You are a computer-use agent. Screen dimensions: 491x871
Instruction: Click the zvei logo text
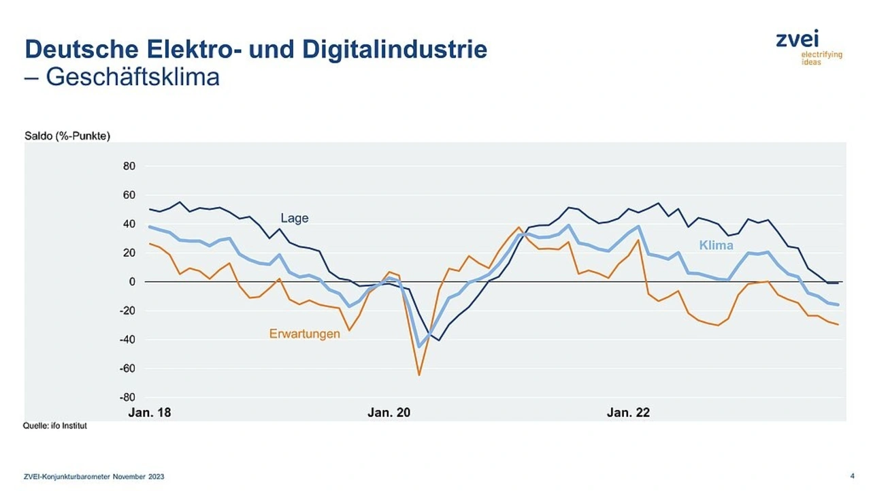(x=798, y=39)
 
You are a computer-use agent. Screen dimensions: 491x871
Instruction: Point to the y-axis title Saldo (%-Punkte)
(x=67, y=136)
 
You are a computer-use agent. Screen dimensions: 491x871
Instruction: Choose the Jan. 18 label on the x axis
(x=150, y=413)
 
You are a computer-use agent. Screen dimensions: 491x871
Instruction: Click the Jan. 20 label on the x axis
(x=389, y=413)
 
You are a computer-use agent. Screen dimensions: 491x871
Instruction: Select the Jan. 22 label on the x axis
(x=628, y=413)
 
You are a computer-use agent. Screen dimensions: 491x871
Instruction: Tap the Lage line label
(x=295, y=218)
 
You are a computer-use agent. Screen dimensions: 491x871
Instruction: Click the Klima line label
(x=716, y=245)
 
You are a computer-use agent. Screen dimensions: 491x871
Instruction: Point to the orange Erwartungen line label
(x=304, y=334)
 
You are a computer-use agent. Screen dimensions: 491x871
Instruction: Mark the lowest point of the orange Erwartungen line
(x=419, y=375)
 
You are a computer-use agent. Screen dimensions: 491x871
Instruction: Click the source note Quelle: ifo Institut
(x=55, y=426)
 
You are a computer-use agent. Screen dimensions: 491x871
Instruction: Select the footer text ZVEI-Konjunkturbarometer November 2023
(x=94, y=477)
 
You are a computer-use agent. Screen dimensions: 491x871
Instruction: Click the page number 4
(x=853, y=476)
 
